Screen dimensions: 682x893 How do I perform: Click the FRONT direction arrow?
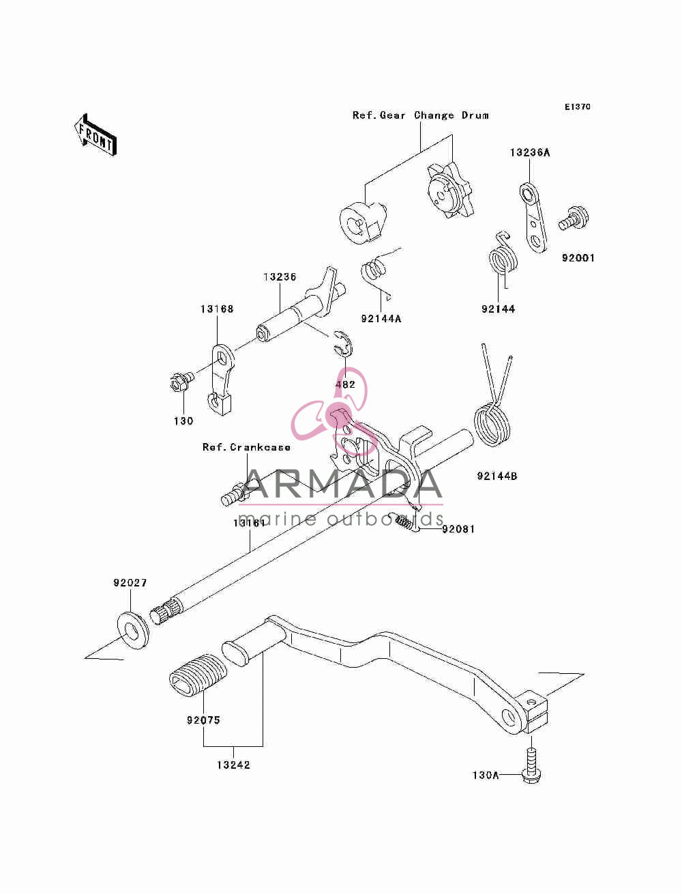[96, 134]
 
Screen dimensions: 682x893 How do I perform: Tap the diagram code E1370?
[577, 107]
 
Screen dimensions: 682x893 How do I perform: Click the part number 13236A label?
[530, 152]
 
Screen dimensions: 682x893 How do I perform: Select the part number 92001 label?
[578, 258]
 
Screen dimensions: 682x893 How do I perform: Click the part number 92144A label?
[381, 319]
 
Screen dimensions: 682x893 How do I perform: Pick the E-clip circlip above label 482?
[343, 344]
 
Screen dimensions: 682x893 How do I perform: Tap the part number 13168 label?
[217, 309]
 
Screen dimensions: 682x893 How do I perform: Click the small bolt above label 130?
[182, 381]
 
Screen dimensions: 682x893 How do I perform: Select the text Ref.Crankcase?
[246, 447]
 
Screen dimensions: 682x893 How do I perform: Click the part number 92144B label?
[497, 476]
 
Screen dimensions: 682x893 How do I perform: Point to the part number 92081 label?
[458, 529]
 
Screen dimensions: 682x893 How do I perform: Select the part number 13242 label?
[233, 765]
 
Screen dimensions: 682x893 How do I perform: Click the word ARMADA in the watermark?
[344, 484]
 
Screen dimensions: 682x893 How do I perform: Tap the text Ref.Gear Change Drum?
[421, 115]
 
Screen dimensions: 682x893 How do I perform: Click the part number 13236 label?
[280, 277]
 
